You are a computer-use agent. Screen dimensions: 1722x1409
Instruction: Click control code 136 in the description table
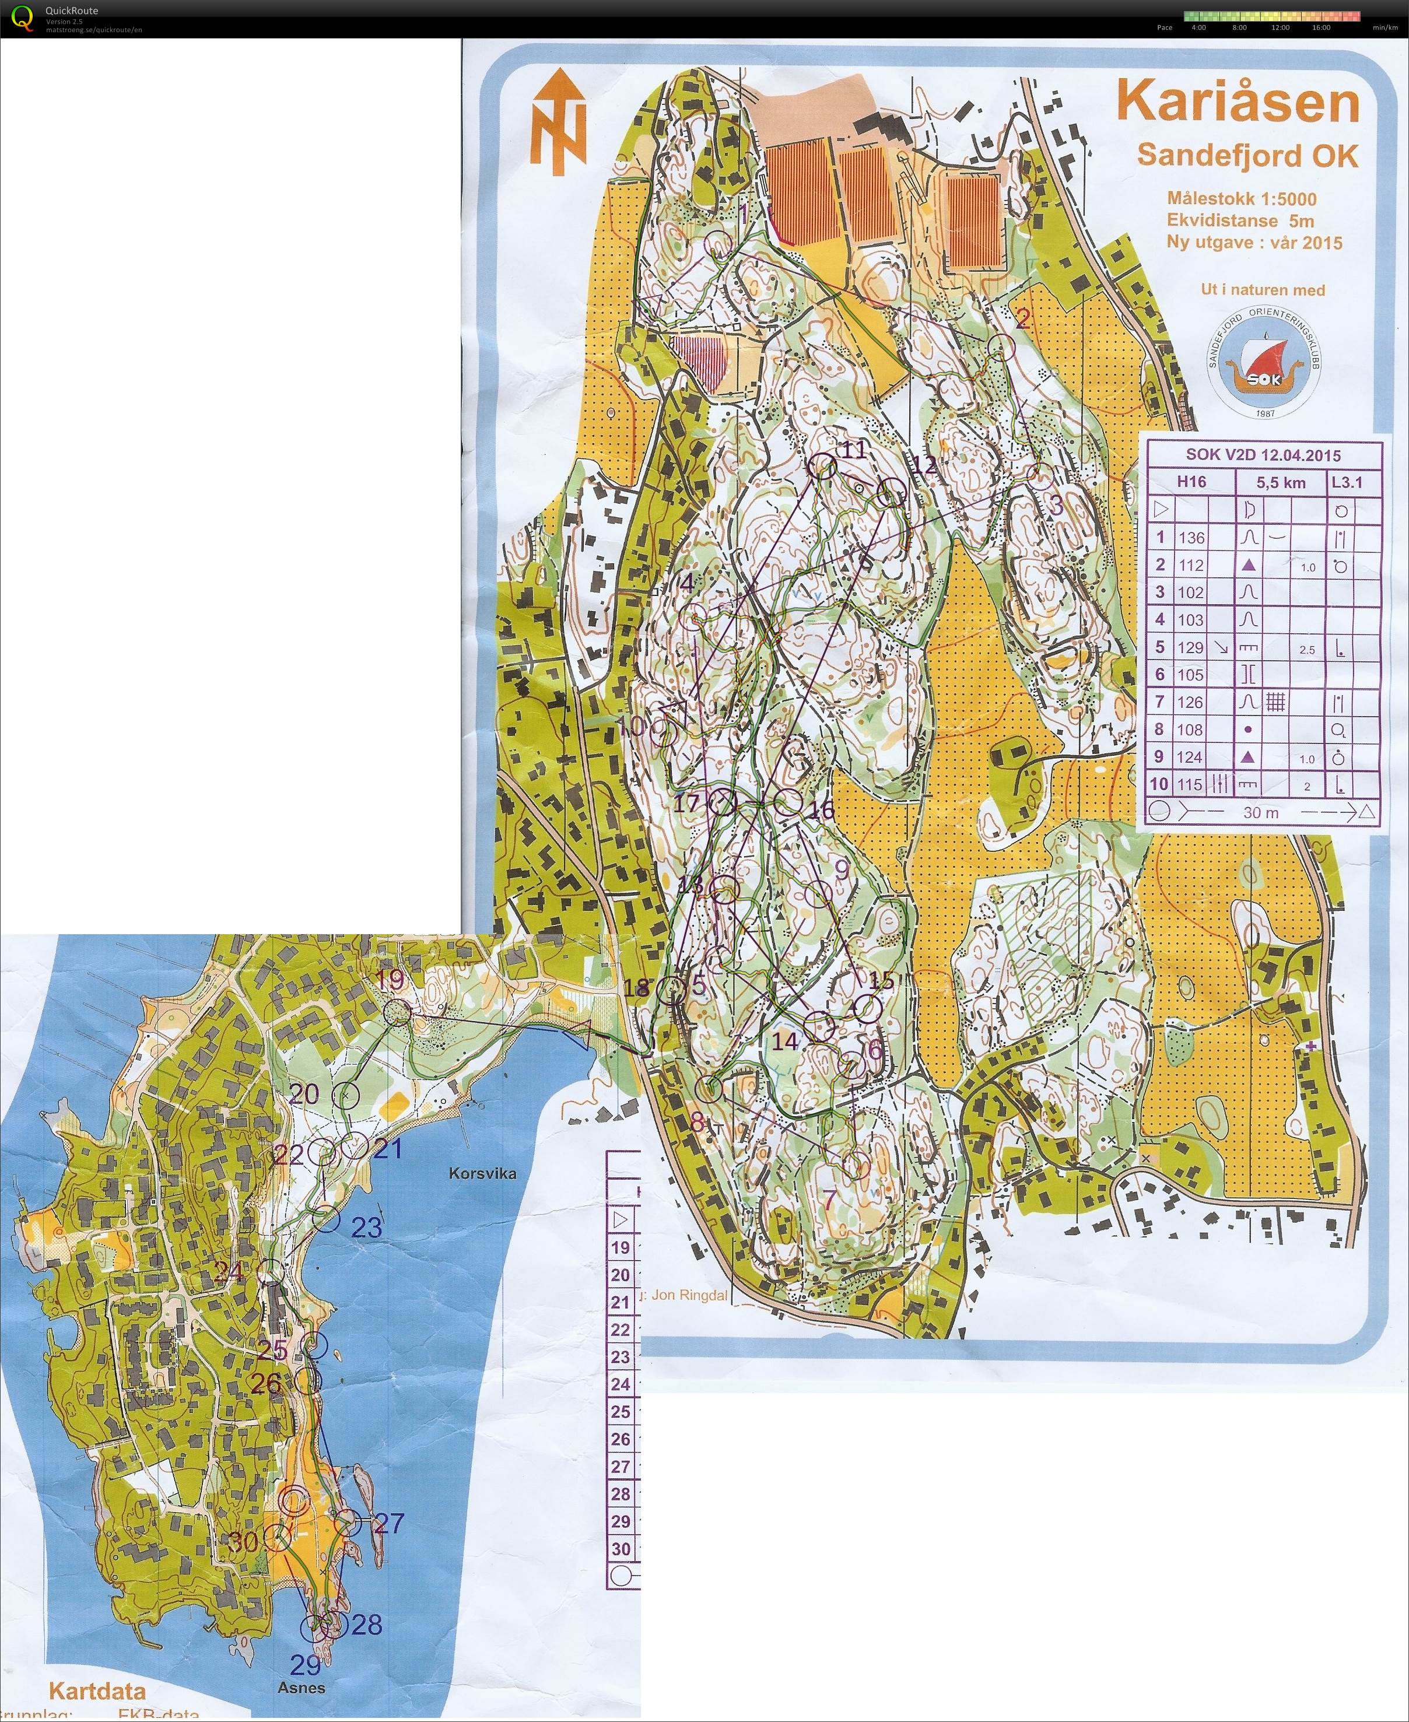coord(1191,537)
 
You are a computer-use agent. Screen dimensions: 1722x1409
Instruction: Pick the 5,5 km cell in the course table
coord(1281,482)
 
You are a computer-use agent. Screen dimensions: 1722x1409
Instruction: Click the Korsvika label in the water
coord(482,1173)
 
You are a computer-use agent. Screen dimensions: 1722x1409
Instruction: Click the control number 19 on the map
coord(390,980)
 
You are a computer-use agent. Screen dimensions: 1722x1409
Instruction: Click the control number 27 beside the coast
coord(389,1523)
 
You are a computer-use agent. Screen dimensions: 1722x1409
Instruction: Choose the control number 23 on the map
coord(366,1227)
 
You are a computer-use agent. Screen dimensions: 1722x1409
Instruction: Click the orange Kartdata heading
coord(97,1691)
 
